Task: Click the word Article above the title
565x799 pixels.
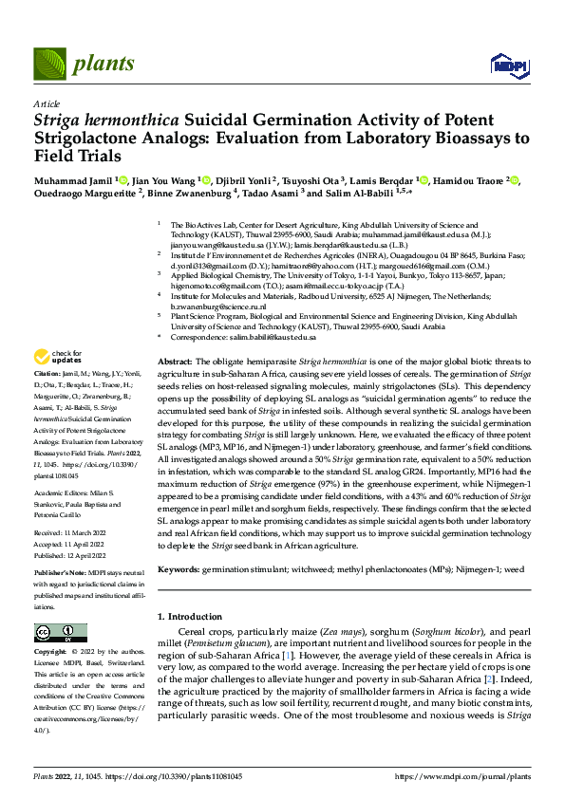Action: point(46,103)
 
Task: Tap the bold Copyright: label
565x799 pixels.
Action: point(53,652)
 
